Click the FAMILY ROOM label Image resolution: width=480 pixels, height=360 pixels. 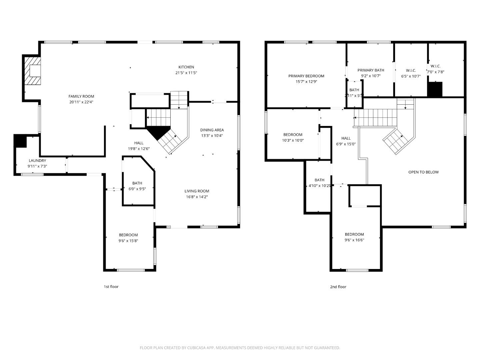click(x=81, y=96)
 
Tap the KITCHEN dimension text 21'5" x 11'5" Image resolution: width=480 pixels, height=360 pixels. click(x=186, y=73)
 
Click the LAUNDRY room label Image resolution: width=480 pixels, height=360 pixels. click(x=37, y=160)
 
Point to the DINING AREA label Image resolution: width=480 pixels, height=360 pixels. click(x=212, y=130)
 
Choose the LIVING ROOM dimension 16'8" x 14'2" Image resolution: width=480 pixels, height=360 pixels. click(x=197, y=197)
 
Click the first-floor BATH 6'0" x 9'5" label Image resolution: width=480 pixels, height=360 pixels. click(x=137, y=183)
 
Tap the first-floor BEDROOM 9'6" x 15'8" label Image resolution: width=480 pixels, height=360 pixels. click(x=128, y=235)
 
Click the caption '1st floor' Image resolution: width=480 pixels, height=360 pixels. click(x=111, y=287)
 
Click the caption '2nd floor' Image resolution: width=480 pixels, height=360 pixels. click(x=338, y=287)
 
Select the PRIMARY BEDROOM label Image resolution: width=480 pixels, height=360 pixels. click(x=306, y=76)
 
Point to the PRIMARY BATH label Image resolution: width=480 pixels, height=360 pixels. click(x=371, y=70)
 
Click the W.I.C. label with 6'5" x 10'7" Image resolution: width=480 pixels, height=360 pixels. click(x=411, y=70)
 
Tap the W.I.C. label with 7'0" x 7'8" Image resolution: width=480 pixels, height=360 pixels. click(x=435, y=66)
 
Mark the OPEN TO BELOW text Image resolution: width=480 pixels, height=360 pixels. click(x=423, y=172)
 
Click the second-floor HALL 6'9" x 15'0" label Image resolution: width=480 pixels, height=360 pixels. click(x=346, y=138)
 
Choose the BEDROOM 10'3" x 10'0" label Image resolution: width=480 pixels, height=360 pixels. click(x=293, y=135)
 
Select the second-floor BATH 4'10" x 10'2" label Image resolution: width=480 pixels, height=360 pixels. click(x=319, y=180)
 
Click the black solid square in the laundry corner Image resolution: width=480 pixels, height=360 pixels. click(x=20, y=141)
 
